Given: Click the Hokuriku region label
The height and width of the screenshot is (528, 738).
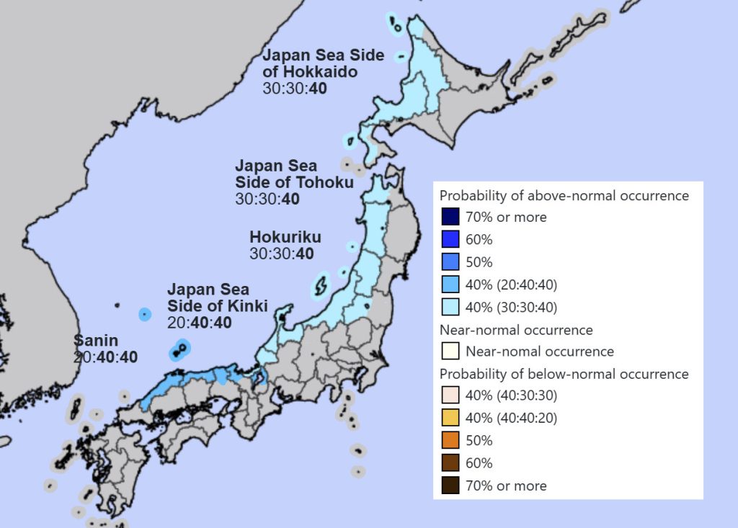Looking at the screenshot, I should pyautogui.click(x=285, y=237).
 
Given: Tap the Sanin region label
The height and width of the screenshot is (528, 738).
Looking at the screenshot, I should pyautogui.click(x=96, y=340).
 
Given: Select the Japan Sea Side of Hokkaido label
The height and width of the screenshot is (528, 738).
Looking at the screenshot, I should pyautogui.click(x=323, y=63).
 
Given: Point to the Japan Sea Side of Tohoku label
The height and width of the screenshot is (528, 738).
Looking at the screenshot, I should pyautogui.click(x=294, y=174).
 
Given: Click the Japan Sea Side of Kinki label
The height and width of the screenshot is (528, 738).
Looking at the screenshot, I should pyautogui.click(x=218, y=297).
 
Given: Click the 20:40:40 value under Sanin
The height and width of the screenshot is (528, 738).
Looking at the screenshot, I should pyautogui.click(x=105, y=357).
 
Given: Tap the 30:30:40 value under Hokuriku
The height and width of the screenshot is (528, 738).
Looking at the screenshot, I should pyautogui.click(x=282, y=254).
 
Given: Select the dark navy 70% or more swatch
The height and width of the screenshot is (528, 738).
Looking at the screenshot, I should pyautogui.click(x=450, y=217).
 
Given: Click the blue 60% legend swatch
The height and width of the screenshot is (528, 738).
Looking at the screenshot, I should pyautogui.click(x=450, y=239).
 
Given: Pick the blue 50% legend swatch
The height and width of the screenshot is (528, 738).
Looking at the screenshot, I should pyautogui.click(x=450, y=261).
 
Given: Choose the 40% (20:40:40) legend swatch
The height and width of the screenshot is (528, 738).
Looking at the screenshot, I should pyautogui.click(x=450, y=285).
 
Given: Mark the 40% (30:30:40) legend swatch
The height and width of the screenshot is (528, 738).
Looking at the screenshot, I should pyautogui.click(x=450, y=307).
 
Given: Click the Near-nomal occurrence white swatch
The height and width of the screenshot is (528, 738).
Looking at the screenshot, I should pyautogui.click(x=450, y=352).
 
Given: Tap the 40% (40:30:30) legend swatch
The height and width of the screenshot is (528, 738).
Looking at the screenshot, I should pyautogui.click(x=450, y=396).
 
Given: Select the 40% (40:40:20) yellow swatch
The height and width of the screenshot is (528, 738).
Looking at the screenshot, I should pyautogui.click(x=450, y=419).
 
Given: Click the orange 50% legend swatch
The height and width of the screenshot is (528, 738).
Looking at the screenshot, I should pyautogui.click(x=450, y=441).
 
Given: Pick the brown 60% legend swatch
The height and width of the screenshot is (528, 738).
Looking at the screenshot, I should pyautogui.click(x=450, y=463).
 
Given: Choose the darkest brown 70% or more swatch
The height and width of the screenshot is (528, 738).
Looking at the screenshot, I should pyautogui.click(x=450, y=486).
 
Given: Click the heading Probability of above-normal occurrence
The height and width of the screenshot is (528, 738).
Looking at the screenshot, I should pyautogui.click(x=564, y=195).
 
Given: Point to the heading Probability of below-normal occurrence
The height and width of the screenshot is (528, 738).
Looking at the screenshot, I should pyautogui.click(x=564, y=374).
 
